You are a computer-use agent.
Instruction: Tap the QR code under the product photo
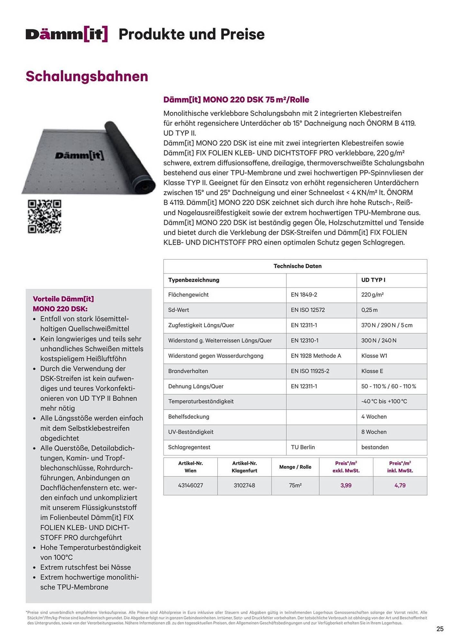click(44, 216)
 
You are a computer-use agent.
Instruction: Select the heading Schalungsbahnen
click(87, 77)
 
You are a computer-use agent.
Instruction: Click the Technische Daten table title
click(297, 266)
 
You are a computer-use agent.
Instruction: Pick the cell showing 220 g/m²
click(372, 295)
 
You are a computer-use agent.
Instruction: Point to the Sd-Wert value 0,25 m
click(369, 310)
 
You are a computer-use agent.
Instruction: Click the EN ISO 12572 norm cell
click(308, 310)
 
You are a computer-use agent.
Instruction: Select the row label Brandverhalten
click(188, 371)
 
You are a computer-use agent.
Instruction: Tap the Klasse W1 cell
click(374, 356)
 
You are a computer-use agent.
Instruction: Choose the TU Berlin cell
click(303, 447)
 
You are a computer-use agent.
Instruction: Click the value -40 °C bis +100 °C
click(384, 402)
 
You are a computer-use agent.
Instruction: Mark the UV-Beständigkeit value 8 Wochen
click(374, 432)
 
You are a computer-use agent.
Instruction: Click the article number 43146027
click(190, 485)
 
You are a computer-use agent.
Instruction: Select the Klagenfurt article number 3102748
click(244, 485)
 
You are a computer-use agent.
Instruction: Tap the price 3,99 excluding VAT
click(346, 485)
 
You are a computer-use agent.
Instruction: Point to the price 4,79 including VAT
click(400, 485)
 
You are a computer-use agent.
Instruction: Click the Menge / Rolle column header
click(295, 467)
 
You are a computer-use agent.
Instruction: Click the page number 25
click(440, 629)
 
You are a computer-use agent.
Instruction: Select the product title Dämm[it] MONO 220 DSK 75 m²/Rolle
click(236, 100)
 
